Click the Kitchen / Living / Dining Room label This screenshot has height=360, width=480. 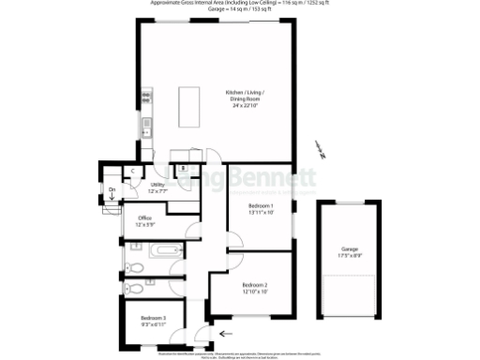245,98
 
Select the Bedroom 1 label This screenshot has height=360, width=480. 261,209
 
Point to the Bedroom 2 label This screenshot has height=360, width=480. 255,288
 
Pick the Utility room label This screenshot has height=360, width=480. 158,187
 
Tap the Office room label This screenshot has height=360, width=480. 145,222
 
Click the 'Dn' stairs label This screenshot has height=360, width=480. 112,191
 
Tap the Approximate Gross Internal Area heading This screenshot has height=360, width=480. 239,4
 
